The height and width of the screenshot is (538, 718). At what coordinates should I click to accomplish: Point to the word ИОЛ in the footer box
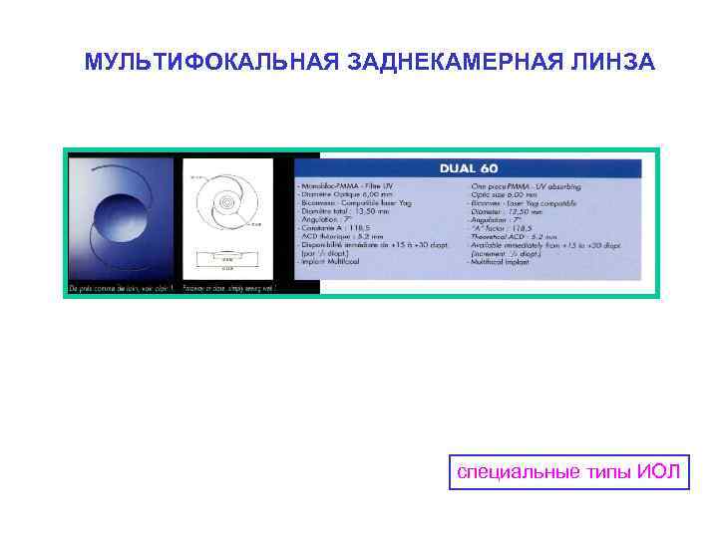[x=657, y=471]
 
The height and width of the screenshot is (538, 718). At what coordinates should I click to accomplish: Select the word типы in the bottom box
[x=602, y=471]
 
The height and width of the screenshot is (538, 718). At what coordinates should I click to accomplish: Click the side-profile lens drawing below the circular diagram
[x=227, y=259]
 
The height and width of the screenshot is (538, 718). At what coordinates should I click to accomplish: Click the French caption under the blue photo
[x=120, y=288]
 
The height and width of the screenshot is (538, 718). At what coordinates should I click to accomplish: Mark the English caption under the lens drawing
[x=227, y=288]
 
